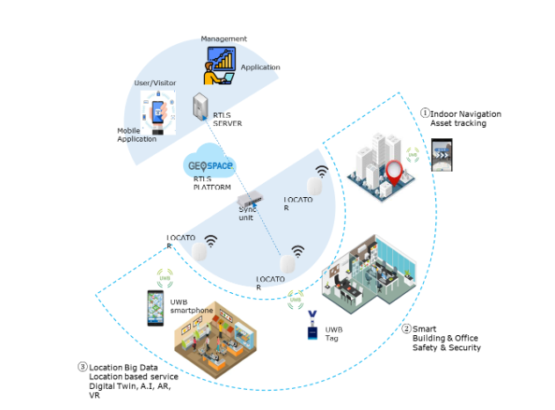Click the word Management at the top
pyautogui.click(x=223, y=39)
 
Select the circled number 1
pyautogui.click(x=425, y=113)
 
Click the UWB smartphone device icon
pyautogui.click(x=155, y=309)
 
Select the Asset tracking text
pyautogui.click(x=458, y=123)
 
